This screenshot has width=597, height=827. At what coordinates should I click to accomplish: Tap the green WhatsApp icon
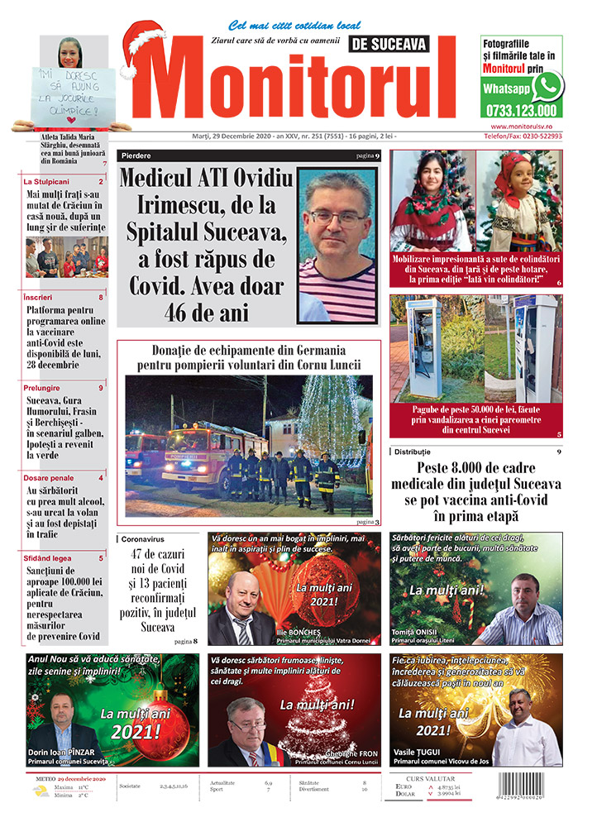(547, 86)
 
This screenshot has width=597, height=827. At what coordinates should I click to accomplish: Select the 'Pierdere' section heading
(135, 155)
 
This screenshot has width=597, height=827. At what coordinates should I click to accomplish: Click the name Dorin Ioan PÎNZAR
(63, 750)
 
